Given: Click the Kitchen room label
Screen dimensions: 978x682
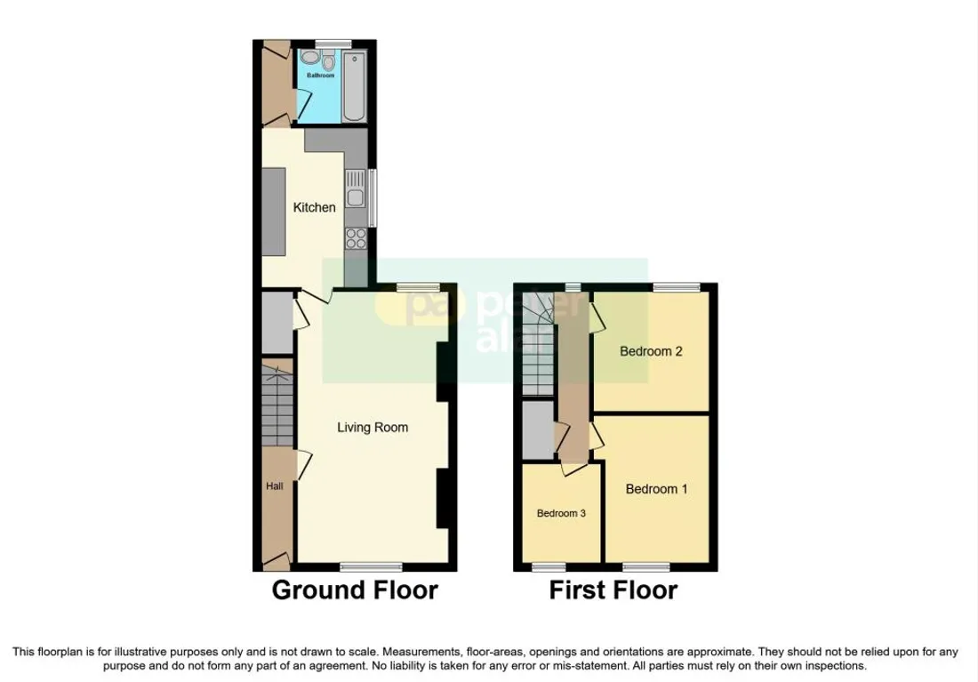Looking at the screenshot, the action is point(315,207).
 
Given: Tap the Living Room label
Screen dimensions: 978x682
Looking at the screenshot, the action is point(373,428).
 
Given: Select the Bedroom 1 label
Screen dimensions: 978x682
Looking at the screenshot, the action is point(657,489).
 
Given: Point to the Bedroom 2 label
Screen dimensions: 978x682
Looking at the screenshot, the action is point(651,351).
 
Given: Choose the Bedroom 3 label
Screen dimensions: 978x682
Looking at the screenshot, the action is point(561,514).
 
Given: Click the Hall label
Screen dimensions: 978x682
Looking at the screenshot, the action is point(275,486).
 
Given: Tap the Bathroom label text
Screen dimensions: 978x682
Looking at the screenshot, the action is point(321,76).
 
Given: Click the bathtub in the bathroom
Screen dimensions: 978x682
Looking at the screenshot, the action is point(354,87).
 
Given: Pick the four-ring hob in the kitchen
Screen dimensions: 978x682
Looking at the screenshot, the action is point(357,238).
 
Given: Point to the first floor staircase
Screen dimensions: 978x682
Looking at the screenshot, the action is point(538,344).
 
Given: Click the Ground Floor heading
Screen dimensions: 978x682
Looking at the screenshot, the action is point(355,590).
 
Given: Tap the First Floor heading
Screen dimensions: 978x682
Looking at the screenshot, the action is point(613,590).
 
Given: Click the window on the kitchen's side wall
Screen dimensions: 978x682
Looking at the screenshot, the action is point(373,197).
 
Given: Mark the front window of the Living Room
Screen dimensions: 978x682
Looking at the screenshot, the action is point(371,566).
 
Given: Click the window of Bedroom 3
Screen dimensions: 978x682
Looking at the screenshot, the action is point(549,566).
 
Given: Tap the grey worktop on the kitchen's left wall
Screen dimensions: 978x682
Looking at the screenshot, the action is point(274,212).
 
